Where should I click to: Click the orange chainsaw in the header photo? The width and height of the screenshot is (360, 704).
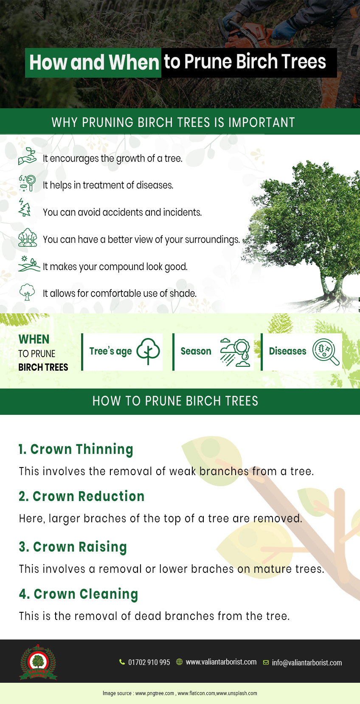[x=248, y=34]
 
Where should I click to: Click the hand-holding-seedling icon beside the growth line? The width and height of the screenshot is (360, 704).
[x=27, y=156]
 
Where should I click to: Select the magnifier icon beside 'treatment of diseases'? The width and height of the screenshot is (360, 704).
[x=27, y=183]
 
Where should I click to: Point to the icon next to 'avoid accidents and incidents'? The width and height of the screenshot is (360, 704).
[x=25, y=208]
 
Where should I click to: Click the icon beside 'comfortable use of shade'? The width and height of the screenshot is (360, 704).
[x=27, y=292]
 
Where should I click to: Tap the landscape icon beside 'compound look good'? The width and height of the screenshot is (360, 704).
[x=29, y=264]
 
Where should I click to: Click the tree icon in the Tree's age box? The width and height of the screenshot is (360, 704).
[x=148, y=352]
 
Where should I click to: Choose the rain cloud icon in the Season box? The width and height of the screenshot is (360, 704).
[x=235, y=352]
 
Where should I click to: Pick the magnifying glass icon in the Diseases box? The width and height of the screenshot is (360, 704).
[x=326, y=352]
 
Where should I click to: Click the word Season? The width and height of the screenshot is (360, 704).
[x=196, y=351]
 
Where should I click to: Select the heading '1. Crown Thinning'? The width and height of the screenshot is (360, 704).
[x=76, y=450]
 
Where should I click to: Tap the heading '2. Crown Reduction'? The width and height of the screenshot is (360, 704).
[x=82, y=496]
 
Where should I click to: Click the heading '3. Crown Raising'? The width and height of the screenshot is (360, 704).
[x=73, y=547]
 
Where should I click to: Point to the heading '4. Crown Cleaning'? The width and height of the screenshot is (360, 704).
[x=79, y=594]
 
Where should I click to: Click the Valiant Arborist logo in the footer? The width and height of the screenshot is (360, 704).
[x=38, y=662]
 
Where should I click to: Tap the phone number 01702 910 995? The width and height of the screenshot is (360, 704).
[x=149, y=662]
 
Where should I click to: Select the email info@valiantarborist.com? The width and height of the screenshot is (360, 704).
[x=307, y=662]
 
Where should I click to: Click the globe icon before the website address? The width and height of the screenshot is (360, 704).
[x=180, y=662]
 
